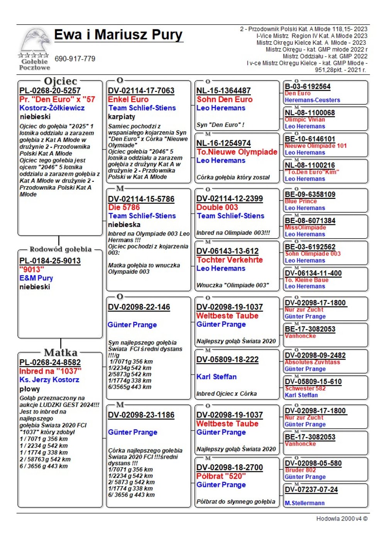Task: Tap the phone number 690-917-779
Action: pos(75,59)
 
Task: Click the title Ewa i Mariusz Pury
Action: pos(118,35)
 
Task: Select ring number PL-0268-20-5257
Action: pos(50,91)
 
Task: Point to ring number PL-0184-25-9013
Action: pos(50,261)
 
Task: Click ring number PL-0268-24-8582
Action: pos(50,362)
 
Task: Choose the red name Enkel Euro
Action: pos(128,99)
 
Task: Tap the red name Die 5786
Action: pos(124,207)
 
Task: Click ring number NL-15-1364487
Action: pos(223,91)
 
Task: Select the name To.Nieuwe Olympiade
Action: pos(237,152)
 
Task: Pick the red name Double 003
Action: pos(217,207)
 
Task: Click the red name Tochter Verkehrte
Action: pos(229,260)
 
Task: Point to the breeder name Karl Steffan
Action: pos(217,376)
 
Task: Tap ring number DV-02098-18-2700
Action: pos(230,467)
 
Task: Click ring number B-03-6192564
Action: pos(308,86)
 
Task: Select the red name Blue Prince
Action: pos(301,201)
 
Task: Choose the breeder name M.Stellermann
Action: pos(305,503)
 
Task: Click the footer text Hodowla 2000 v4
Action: pos(342,519)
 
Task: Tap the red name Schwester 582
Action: pos(305,388)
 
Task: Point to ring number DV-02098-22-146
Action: pos(139,307)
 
